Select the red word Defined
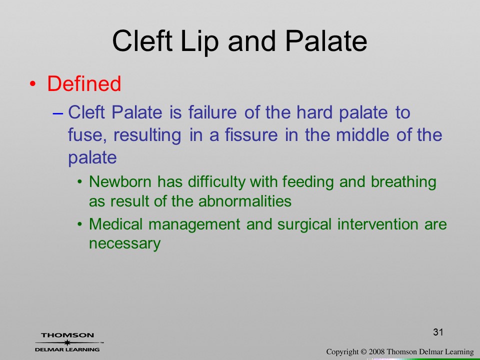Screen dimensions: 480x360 tap(84, 83)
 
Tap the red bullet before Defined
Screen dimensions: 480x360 tap(33, 84)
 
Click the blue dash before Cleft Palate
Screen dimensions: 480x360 tap(58, 113)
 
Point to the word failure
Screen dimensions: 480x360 tap(212, 112)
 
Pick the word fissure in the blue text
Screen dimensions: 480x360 tap(251, 134)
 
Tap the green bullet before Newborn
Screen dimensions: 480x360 tap(80, 182)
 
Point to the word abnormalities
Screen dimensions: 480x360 tap(245, 201)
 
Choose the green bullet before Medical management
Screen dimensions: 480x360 tap(80, 224)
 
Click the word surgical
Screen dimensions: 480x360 tap(304, 225)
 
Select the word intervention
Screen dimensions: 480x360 tap(378, 224)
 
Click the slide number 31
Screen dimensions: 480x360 tap(438, 332)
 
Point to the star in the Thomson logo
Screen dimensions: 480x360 tap(67, 342)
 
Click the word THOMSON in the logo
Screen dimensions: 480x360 tap(67, 335)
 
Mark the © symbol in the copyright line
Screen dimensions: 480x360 tap(363, 352)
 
